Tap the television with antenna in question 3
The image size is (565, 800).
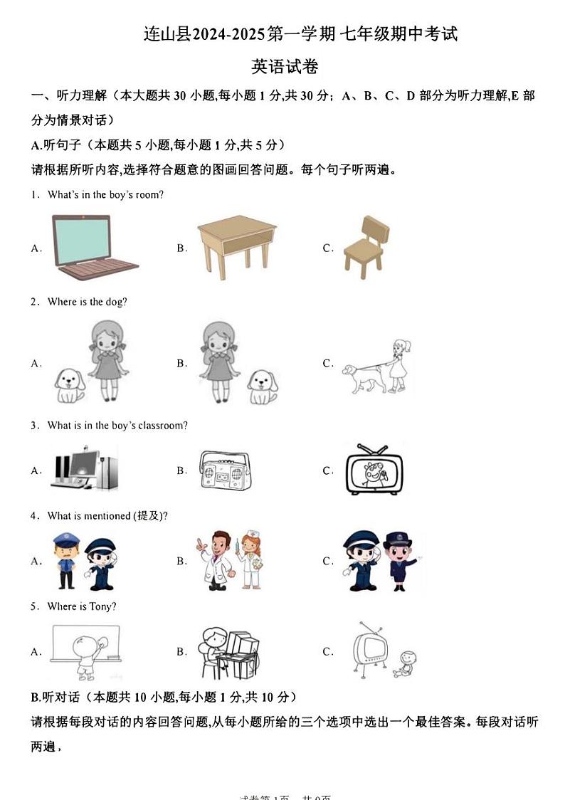(373, 470)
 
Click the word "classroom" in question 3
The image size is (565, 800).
(161, 426)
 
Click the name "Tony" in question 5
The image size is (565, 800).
(100, 606)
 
